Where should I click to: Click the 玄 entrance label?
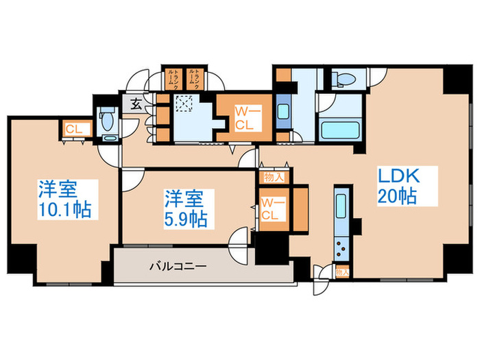coord(135,106)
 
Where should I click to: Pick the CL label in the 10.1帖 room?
coord(73,129)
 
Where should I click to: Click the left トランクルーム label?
coord(173,78)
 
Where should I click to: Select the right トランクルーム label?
coord(197,78)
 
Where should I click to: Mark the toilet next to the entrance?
coord(106,121)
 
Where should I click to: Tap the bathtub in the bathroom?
coord(341,130)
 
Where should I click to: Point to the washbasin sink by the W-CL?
coord(282,114)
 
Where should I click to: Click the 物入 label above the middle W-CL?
coord(270,177)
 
